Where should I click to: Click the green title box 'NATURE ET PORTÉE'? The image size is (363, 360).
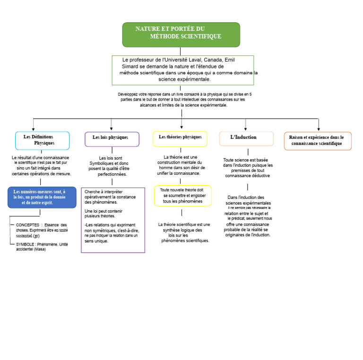tap(181, 34)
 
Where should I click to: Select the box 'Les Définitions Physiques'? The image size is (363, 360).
tap(43, 141)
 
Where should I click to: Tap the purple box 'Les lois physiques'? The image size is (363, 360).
tap(112, 139)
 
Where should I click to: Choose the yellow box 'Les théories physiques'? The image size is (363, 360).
tap(180, 139)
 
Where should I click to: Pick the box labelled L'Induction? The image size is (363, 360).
tap(246, 138)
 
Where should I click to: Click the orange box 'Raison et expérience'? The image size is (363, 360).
tap(318, 141)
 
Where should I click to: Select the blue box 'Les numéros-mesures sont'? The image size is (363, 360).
tap(42, 197)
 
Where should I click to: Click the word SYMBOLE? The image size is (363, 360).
tap(25, 244)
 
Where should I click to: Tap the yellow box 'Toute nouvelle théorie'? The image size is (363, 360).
tap(183, 196)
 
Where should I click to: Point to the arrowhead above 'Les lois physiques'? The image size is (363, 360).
tap(112, 129)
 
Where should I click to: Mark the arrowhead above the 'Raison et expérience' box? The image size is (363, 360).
tap(319, 129)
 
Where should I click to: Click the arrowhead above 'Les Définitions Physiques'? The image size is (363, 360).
tap(34, 129)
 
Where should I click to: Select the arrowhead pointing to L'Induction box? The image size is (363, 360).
tap(245, 129)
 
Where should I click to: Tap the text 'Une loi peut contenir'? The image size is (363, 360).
tap(104, 211)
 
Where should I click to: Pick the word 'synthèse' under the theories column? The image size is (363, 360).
tap(171, 230)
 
